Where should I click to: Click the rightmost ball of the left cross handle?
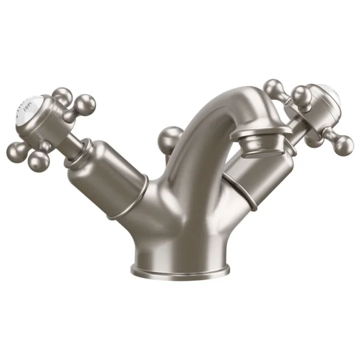point(86,104)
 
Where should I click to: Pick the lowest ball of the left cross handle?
point(39,159)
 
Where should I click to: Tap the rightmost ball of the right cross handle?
point(344,143)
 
